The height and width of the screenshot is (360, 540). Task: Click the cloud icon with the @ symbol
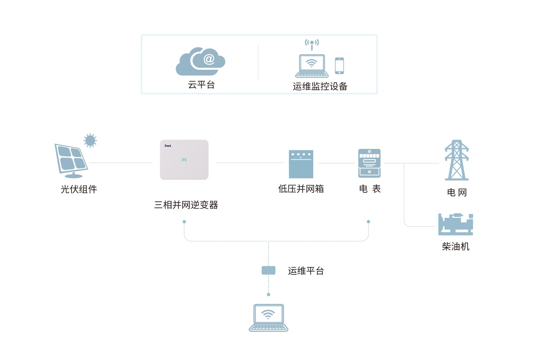click(200, 61)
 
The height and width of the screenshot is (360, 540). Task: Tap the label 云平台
click(201, 85)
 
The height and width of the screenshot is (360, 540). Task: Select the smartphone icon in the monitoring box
click(339, 66)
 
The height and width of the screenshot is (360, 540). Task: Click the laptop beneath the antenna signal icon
click(311, 66)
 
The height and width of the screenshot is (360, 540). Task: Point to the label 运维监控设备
click(320, 86)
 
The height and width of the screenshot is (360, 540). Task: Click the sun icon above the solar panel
click(90, 140)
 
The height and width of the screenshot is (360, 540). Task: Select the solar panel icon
click(71, 160)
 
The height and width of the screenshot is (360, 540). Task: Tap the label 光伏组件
click(79, 189)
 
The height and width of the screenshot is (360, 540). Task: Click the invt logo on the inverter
click(168, 146)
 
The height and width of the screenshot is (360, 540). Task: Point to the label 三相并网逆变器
click(186, 205)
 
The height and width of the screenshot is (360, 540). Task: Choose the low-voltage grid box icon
click(301, 164)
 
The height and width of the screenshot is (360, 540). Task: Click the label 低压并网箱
click(301, 189)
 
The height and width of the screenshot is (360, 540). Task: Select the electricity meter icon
click(369, 163)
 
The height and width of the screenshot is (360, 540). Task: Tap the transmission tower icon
click(457, 160)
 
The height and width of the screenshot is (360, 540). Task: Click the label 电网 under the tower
click(457, 192)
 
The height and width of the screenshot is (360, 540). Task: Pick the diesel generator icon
click(455, 224)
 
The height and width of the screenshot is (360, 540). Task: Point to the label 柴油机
click(455, 246)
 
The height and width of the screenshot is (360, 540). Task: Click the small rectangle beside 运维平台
click(268, 270)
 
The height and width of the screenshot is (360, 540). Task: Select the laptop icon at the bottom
click(268, 317)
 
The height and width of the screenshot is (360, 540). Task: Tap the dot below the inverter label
click(184, 222)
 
